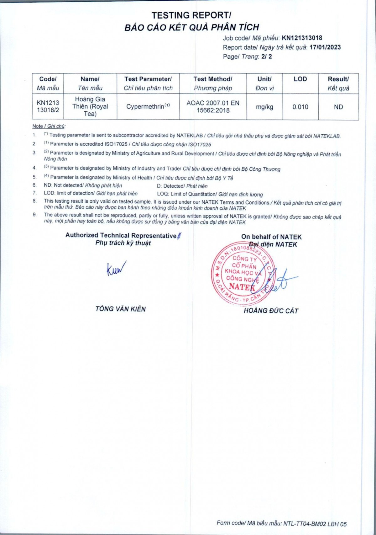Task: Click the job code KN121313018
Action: click(302, 38)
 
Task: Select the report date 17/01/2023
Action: click(325, 47)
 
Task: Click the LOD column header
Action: click(300, 79)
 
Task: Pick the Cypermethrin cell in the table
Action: click(148, 107)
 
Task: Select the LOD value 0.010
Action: click(300, 107)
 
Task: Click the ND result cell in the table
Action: click(338, 107)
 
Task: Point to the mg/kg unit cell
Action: click(264, 107)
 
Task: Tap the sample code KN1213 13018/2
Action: click(48, 107)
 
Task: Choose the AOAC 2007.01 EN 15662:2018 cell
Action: click(213, 107)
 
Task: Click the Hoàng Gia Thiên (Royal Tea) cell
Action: click(90, 107)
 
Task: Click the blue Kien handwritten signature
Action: click(116, 269)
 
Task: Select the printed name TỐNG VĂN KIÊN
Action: click(121, 309)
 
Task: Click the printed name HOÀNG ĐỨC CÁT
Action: click(271, 311)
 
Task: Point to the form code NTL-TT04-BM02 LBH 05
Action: click(315, 524)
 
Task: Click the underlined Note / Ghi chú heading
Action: click(49, 126)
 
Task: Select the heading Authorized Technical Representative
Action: click(121, 236)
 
